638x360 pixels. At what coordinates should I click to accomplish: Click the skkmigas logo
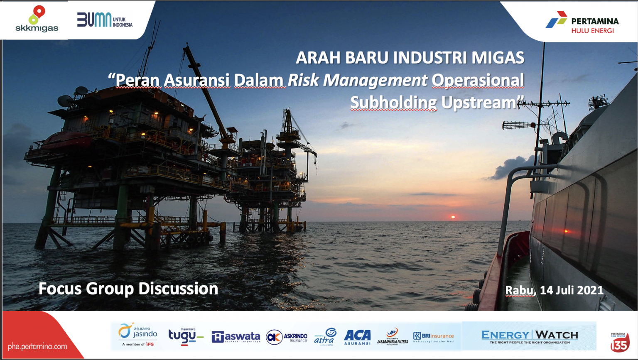pyautogui.click(x=37, y=19)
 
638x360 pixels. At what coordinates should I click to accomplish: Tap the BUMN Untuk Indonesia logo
pyautogui.click(x=105, y=20)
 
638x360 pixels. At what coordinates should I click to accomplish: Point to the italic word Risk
pyautogui.click(x=303, y=80)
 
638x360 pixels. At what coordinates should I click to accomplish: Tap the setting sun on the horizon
pyautogui.click(x=453, y=217)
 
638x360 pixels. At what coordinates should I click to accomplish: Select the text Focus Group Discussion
pyautogui.click(x=128, y=289)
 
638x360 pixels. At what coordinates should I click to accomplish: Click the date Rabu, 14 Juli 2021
pyautogui.click(x=554, y=290)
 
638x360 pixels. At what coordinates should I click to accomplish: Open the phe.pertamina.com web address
pyautogui.click(x=37, y=346)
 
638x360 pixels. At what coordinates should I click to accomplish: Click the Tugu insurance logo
pyautogui.click(x=185, y=336)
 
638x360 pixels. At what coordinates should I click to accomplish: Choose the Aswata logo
pyautogui.click(x=236, y=337)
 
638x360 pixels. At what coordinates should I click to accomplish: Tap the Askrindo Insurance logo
pyautogui.click(x=287, y=337)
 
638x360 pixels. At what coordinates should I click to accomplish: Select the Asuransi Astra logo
pyautogui.click(x=325, y=336)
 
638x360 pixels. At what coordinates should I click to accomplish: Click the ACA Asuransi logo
pyautogui.click(x=357, y=337)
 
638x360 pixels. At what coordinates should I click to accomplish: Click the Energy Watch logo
pyautogui.click(x=529, y=336)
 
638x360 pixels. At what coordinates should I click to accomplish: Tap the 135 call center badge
pyautogui.click(x=619, y=342)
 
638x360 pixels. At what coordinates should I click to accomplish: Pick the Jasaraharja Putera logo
pyautogui.click(x=393, y=336)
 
